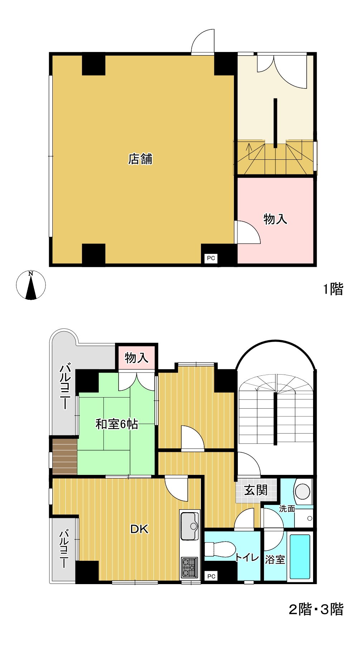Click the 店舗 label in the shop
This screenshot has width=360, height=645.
140,159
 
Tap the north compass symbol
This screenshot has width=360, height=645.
31,285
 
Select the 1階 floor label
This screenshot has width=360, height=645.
333,289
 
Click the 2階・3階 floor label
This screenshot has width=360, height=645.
316,609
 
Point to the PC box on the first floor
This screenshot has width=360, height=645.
211,258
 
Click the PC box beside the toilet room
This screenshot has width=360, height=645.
211,576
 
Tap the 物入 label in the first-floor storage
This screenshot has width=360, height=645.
275,219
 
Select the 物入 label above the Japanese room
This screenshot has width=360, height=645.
136,357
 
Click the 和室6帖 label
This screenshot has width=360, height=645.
117,424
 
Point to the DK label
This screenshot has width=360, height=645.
139,529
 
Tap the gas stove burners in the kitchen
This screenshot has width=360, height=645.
189,567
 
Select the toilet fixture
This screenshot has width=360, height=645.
220,549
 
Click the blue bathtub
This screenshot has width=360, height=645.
300,557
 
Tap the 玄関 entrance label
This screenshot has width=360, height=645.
256,490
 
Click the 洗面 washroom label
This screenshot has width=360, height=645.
287,509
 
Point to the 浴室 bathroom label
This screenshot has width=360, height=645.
275,559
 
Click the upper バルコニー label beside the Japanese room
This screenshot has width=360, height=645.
65,386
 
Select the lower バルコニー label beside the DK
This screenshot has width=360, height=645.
64,549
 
